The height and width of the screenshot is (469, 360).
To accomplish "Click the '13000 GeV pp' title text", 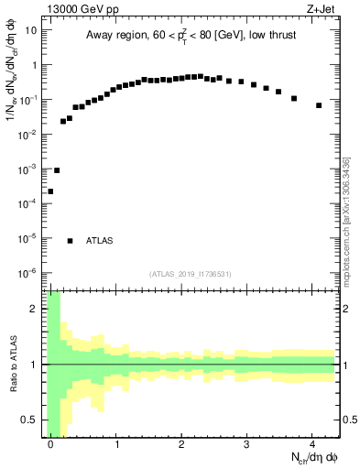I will pos(79,11).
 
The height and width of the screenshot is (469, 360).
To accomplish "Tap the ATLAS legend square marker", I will pos(71,241).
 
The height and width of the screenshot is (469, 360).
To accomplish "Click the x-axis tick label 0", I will pos(51,444).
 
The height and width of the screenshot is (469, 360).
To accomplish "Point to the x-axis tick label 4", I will pos(312,444).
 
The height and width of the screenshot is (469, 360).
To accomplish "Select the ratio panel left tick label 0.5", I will pos(32,420).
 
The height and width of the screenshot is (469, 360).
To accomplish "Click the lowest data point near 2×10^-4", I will pos(50,191).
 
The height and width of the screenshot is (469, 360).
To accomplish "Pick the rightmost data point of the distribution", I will pos(319,105).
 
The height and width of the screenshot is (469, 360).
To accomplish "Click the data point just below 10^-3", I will pos(57,170).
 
